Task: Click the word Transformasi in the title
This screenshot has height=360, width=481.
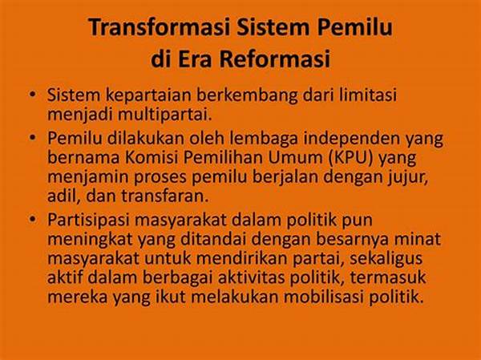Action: point(160,27)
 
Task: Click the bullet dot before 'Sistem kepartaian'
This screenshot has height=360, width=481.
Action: point(32,95)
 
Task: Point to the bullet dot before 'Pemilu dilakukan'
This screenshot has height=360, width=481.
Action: point(32,137)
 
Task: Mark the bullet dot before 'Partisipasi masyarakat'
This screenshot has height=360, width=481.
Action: point(32,219)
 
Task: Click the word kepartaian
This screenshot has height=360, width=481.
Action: point(148,95)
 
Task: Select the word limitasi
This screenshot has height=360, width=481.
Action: point(367,95)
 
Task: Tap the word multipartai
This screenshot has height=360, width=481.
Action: point(164,115)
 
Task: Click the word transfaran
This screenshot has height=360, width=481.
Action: point(164,196)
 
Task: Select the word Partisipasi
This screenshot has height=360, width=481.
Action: point(87,220)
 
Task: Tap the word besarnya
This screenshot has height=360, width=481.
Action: point(353,240)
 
